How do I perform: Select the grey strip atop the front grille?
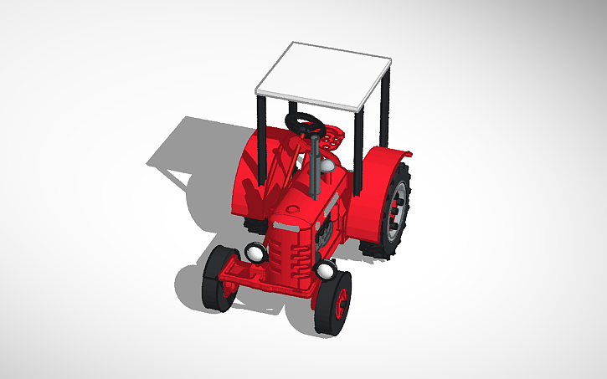click(x=287, y=226)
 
